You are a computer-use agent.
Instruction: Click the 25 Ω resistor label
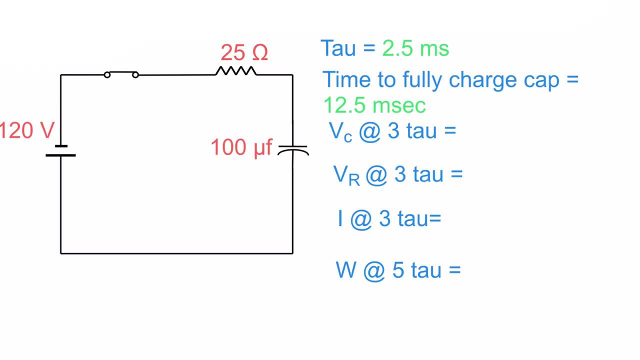click(244, 52)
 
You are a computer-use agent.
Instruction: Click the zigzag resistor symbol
click(236, 71)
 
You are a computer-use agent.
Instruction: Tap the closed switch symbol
click(121, 74)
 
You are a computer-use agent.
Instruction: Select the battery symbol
click(61, 150)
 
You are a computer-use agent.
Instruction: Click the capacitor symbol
click(293, 149)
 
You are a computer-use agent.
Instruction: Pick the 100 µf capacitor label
click(241, 148)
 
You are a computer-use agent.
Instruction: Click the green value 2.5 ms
click(415, 48)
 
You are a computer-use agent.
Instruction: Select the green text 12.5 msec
click(374, 105)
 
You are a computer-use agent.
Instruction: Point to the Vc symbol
click(340, 131)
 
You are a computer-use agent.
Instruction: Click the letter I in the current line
click(340, 219)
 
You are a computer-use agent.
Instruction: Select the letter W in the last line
click(346, 270)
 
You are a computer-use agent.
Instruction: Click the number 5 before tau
click(398, 270)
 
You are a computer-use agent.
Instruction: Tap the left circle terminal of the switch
click(107, 75)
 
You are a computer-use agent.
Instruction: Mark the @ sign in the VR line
click(376, 175)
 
